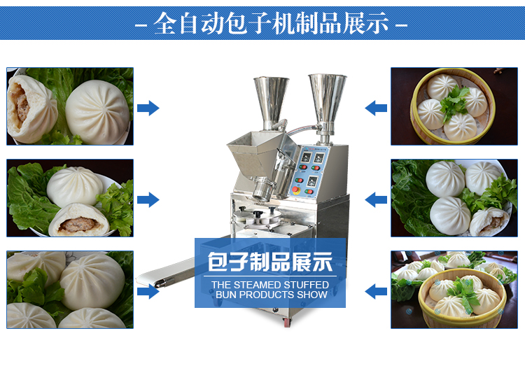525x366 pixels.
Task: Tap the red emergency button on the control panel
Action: (x=296, y=190)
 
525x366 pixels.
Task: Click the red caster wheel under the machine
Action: (x=287, y=322)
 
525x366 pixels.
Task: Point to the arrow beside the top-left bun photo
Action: (x=148, y=108)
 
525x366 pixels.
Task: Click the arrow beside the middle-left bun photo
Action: (x=148, y=199)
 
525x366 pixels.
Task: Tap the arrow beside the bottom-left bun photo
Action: (x=148, y=291)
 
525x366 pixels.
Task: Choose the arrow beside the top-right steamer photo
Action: (x=376, y=108)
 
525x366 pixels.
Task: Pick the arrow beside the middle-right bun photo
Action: (x=376, y=199)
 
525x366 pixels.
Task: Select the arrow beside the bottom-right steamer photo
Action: (x=376, y=291)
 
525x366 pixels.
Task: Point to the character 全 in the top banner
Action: (x=165, y=23)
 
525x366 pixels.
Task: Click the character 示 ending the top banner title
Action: (x=377, y=23)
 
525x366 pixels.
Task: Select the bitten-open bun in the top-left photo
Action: (x=31, y=109)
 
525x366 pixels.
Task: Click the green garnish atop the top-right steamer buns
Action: (x=454, y=103)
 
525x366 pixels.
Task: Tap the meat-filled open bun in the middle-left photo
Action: (x=79, y=221)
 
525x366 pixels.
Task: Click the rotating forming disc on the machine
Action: (x=257, y=218)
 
